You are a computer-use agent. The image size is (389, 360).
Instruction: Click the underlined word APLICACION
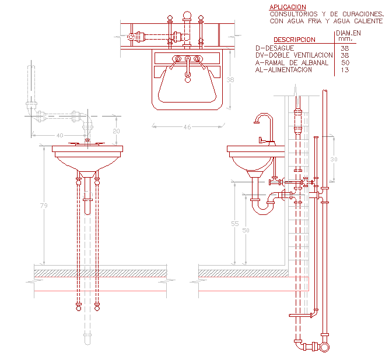click(x=288, y=7)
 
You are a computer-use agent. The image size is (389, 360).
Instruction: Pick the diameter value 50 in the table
click(x=345, y=62)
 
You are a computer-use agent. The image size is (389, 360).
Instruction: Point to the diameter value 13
click(x=345, y=69)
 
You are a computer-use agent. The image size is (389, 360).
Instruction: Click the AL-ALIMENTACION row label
click(x=283, y=69)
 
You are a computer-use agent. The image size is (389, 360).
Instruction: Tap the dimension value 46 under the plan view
click(x=187, y=127)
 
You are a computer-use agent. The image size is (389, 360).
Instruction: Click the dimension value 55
click(x=235, y=224)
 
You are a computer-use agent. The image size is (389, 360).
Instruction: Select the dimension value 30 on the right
click(x=334, y=159)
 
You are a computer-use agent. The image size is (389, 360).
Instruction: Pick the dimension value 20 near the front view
click(x=116, y=131)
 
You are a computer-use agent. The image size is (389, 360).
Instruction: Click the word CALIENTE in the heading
click(x=365, y=20)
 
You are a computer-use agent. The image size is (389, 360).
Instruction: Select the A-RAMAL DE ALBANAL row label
click(x=292, y=62)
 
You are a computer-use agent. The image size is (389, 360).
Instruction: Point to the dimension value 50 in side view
click(x=246, y=231)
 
